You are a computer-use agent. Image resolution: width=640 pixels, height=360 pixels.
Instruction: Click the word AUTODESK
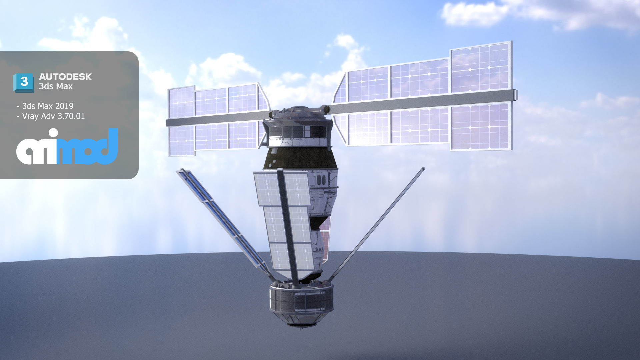(x=65, y=77)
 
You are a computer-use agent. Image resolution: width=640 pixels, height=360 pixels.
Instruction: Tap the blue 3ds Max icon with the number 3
(x=23, y=82)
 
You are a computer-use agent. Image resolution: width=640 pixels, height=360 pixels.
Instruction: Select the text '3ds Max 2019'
(x=47, y=106)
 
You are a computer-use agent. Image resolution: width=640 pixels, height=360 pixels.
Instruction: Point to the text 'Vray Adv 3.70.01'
(x=53, y=116)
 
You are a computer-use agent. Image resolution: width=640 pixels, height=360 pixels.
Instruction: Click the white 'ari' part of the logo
(x=37, y=148)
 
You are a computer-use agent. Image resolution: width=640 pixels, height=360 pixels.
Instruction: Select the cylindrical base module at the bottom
(x=301, y=302)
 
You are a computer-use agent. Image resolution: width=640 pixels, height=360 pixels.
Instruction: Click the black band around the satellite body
(x=300, y=158)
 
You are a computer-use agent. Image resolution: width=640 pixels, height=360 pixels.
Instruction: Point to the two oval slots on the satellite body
(x=321, y=180)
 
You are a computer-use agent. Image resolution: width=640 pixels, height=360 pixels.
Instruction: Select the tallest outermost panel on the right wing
(x=481, y=97)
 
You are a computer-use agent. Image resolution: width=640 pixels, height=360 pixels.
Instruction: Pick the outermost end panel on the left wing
(x=181, y=122)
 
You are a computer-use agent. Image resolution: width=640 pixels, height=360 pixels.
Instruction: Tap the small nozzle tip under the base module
(x=301, y=327)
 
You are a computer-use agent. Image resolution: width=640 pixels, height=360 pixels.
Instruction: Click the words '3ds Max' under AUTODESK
(x=56, y=86)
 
